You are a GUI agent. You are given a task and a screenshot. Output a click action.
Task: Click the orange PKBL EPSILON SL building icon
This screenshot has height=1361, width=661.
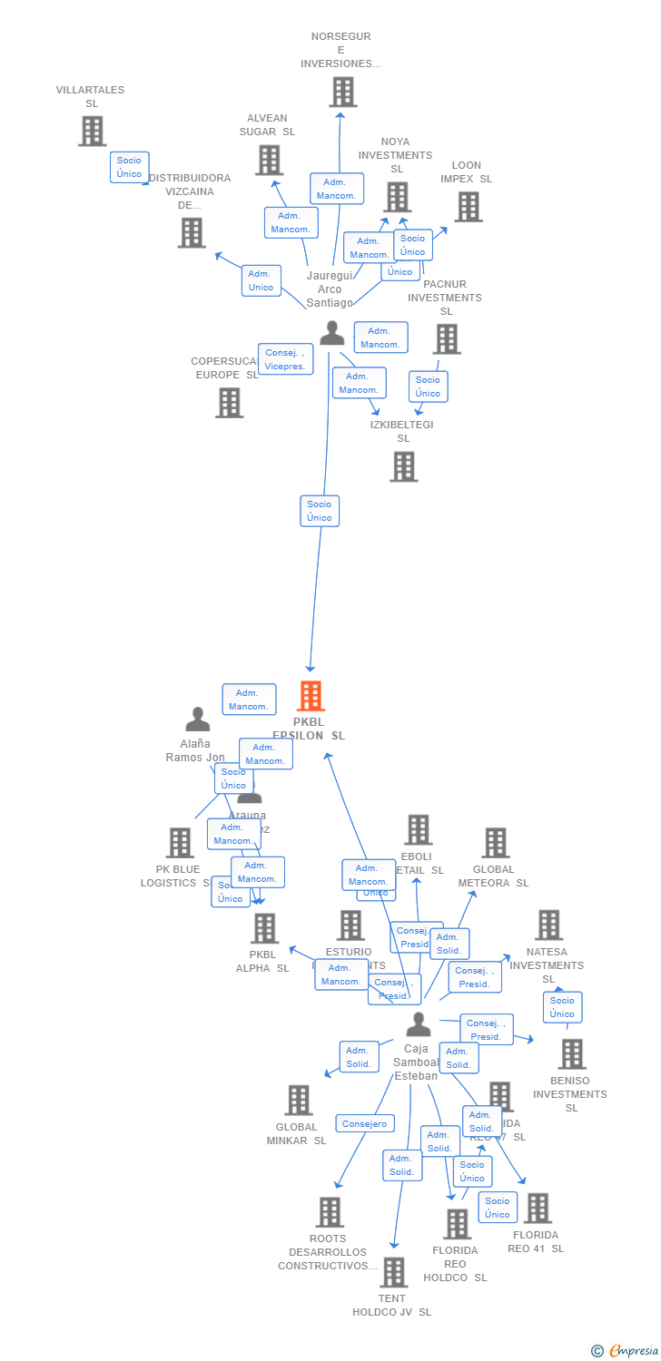coord(311,696)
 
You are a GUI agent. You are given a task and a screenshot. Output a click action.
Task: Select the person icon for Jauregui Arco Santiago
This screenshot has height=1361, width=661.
coord(332,333)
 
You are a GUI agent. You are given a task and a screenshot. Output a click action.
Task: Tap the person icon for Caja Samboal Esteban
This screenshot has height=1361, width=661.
coord(418,1024)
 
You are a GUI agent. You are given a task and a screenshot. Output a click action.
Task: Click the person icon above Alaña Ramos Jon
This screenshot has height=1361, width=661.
coord(197,720)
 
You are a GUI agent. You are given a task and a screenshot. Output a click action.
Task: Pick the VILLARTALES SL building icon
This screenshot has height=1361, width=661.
coord(92,131)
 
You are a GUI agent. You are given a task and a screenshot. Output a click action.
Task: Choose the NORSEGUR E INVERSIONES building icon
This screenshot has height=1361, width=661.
coord(342,92)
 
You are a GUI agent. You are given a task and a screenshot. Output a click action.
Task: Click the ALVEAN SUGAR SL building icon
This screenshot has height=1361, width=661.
coord(269,160)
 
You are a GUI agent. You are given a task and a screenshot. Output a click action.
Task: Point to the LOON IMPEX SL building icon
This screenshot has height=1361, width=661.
coord(468,207)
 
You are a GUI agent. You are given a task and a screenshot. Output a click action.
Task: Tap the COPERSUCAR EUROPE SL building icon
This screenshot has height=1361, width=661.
coord(229,402)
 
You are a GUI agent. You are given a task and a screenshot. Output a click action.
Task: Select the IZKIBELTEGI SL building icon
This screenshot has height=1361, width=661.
coord(404,466)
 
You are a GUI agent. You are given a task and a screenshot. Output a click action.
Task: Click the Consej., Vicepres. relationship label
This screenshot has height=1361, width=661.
coord(285,359)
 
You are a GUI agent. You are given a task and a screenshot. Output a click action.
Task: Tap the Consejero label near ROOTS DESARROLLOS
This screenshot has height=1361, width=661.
coord(365,1123)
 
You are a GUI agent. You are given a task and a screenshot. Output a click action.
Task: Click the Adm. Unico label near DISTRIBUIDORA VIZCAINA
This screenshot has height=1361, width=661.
coord(261,280)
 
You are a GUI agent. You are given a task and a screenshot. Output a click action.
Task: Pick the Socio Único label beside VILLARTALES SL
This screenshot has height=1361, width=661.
coord(129,167)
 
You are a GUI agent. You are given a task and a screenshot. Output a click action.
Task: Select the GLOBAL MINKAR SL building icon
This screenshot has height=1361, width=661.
coord(298,1100)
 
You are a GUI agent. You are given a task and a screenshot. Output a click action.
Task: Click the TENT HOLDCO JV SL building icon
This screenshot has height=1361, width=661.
coord(393,1272)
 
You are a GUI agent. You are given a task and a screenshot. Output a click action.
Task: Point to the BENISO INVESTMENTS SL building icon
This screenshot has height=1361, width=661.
coord(571,1053)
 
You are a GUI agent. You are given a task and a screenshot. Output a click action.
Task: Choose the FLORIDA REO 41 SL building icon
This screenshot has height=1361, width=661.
coord(538,1208)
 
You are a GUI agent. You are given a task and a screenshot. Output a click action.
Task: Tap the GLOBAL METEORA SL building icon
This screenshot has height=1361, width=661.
coord(495,843)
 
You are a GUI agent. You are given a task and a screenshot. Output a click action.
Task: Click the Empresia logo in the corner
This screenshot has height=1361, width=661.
coord(626,1351)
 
